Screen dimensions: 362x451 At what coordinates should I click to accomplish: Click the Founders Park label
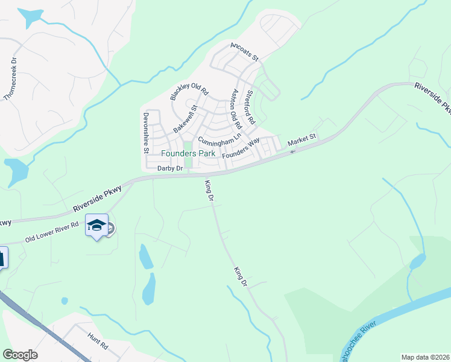(x=187, y=153)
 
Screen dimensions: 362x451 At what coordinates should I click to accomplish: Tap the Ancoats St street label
(x=244, y=51)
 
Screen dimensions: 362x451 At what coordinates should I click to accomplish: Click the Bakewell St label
(x=185, y=119)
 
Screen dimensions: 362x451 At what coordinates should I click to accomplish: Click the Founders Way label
(x=241, y=148)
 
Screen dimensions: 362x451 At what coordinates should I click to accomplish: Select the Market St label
(x=302, y=140)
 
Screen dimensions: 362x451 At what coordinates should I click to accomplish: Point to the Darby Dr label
(x=169, y=168)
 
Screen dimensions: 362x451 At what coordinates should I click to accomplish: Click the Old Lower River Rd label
(x=52, y=232)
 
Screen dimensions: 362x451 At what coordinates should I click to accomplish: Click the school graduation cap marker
(x=96, y=226)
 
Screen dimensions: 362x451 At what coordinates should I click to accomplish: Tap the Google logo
(x=20, y=355)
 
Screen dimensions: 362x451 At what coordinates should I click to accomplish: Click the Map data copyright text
(x=425, y=357)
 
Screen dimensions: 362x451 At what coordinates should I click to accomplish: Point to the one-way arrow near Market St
(x=293, y=151)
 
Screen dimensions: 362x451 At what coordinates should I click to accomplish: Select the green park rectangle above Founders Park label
(x=188, y=145)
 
